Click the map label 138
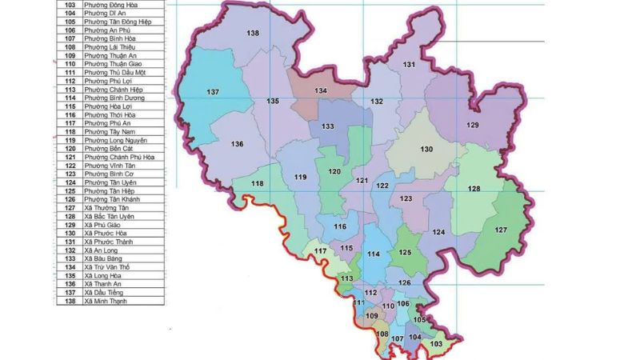(x=253, y=33)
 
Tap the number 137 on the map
(x=213, y=93)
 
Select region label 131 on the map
(x=409, y=64)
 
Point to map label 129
(x=473, y=126)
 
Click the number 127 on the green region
(x=501, y=230)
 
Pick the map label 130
(x=426, y=150)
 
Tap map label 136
(x=237, y=144)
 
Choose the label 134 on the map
(x=321, y=91)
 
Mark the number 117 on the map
(x=321, y=252)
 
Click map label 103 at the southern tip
(x=436, y=343)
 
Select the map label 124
(x=438, y=232)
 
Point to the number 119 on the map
(x=301, y=177)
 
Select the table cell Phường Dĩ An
(x=100, y=13)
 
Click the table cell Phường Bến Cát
(x=108, y=149)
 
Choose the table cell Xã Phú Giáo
(x=103, y=225)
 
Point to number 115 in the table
(x=69, y=106)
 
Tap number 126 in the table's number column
(x=69, y=199)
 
